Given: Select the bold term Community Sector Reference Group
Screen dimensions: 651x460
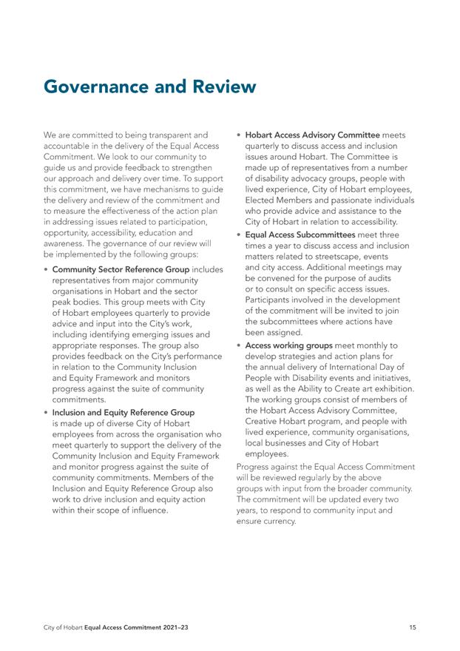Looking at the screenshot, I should (x=121, y=269).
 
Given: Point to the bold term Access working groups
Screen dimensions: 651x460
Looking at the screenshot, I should (x=289, y=345).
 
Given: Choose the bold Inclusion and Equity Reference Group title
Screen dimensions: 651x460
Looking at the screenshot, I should (x=124, y=412).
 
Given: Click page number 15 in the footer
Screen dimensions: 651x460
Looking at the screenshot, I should (x=412, y=627).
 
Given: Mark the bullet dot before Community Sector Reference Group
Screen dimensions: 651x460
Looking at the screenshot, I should (x=47, y=269).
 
